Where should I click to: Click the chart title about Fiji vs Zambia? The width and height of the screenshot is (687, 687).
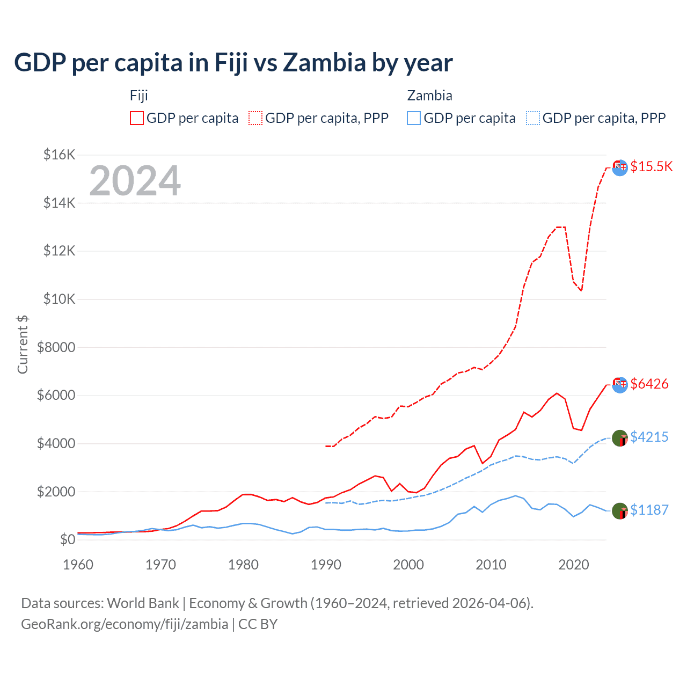click(233, 63)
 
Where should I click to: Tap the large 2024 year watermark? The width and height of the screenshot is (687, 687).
click(135, 181)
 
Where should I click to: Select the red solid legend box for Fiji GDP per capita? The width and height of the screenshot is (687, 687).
click(137, 118)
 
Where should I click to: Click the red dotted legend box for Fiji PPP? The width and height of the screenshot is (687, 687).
click(255, 118)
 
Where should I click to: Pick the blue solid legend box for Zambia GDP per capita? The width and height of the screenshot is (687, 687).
click(414, 118)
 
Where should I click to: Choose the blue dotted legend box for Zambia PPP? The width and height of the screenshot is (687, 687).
click(533, 118)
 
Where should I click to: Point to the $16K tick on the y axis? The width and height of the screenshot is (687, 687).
click(59, 155)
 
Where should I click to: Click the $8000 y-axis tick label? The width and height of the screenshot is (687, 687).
click(56, 347)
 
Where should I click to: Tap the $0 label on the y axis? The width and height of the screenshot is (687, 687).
click(67, 539)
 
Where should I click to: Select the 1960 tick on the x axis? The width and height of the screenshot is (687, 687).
click(78, 565)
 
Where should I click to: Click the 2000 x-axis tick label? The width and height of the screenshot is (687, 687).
click(408, 565)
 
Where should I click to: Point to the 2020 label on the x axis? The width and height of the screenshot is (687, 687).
click(574, 565)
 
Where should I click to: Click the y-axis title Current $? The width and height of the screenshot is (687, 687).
click(23, 344)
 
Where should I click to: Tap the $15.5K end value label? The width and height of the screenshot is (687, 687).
click(651, 166)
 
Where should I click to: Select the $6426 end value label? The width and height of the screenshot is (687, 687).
click(649, 384)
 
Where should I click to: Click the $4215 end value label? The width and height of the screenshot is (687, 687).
click(649, 437)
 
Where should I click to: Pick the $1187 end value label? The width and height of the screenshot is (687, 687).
click(649, 510)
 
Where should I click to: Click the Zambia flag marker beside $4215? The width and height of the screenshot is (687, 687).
click(620, 438)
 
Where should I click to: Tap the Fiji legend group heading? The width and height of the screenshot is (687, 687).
click(138, 96)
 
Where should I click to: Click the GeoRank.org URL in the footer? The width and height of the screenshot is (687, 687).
click(125, 624)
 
